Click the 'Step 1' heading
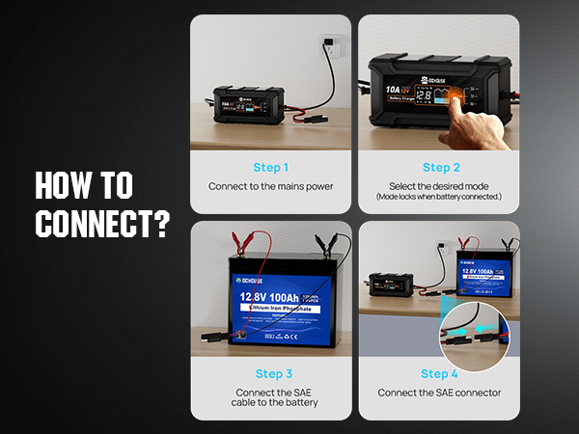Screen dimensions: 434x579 [x=271, y=168]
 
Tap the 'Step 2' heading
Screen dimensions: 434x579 [x=440, y=168]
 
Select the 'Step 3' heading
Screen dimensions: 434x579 [x=274, y=373]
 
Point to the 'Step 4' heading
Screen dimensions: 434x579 [x=439, y=373]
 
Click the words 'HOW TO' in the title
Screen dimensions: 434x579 [x=84, y=185]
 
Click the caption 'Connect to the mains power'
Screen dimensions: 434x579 [x=271, y=186]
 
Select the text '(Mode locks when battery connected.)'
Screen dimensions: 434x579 [x=439, y=197]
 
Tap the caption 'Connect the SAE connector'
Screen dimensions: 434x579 [x=439, y=393]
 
